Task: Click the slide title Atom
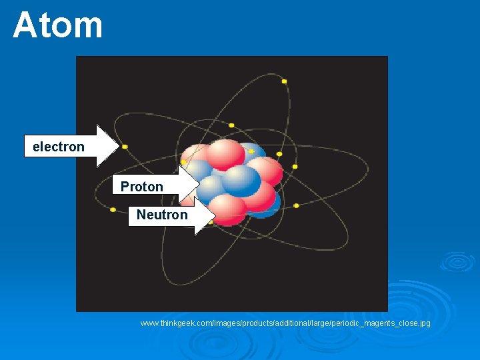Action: coord(58,25)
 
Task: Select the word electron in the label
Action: coord(59,147)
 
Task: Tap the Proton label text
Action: coord(142,187)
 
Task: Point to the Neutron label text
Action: coord(162,215)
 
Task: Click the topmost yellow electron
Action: coord(284,81)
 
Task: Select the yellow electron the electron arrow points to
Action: coord(125,147)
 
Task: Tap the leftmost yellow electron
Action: coord(113,209)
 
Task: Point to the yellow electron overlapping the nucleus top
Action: coord(251,151)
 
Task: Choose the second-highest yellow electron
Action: coord(231,125)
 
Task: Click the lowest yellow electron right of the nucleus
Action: coord(297,205)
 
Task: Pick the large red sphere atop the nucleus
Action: coord(225,153)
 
